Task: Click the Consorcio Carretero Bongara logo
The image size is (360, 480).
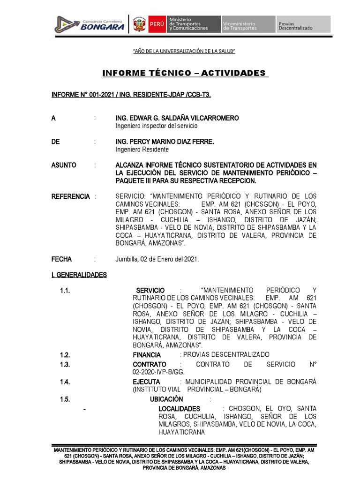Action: click(90, 24)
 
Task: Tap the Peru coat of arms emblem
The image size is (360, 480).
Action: click(139, 25)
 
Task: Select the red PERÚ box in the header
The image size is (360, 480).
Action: click(157, 25)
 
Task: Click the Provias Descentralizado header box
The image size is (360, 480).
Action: click(303, 25)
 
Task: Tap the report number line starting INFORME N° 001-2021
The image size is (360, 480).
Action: click(131, 95)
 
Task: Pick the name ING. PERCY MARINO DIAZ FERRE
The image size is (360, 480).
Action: click(165, 142)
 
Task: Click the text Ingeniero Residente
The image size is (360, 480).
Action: click(142, 150)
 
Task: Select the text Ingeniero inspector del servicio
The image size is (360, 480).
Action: click(157, 126)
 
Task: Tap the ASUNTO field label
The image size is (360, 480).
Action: click(64, 165)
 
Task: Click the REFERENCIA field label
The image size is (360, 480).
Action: click(70, 196)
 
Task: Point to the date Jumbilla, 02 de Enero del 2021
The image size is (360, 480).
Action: click(157, 259)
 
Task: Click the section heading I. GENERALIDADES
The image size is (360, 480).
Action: click(79, 275)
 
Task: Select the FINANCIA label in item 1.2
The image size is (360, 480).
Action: click(147, 355)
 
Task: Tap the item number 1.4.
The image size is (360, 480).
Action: click(65, 382)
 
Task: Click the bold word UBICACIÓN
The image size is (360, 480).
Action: click(166, 399)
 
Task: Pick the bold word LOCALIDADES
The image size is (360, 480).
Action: click(179, 409)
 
